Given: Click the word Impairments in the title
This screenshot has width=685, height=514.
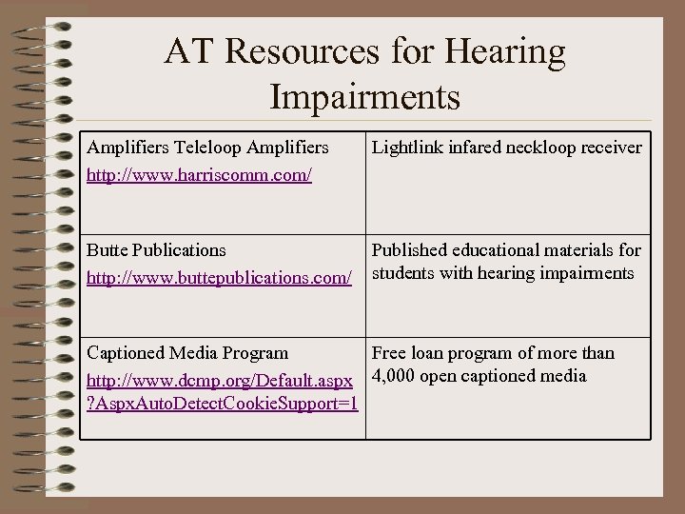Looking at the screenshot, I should pyautogui.click(x=365, y=96).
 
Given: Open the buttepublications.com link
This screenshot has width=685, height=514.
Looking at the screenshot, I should pyautogui.click(x=220, y=279).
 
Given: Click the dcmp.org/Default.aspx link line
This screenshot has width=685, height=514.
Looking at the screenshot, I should pyautogui.click(x=220, y=382).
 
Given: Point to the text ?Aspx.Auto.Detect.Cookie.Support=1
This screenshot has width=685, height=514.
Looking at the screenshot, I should pyautogui.click(x=222, y=403).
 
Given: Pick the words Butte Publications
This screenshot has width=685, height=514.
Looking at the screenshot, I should pyautogui.click(x=156, y=250).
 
